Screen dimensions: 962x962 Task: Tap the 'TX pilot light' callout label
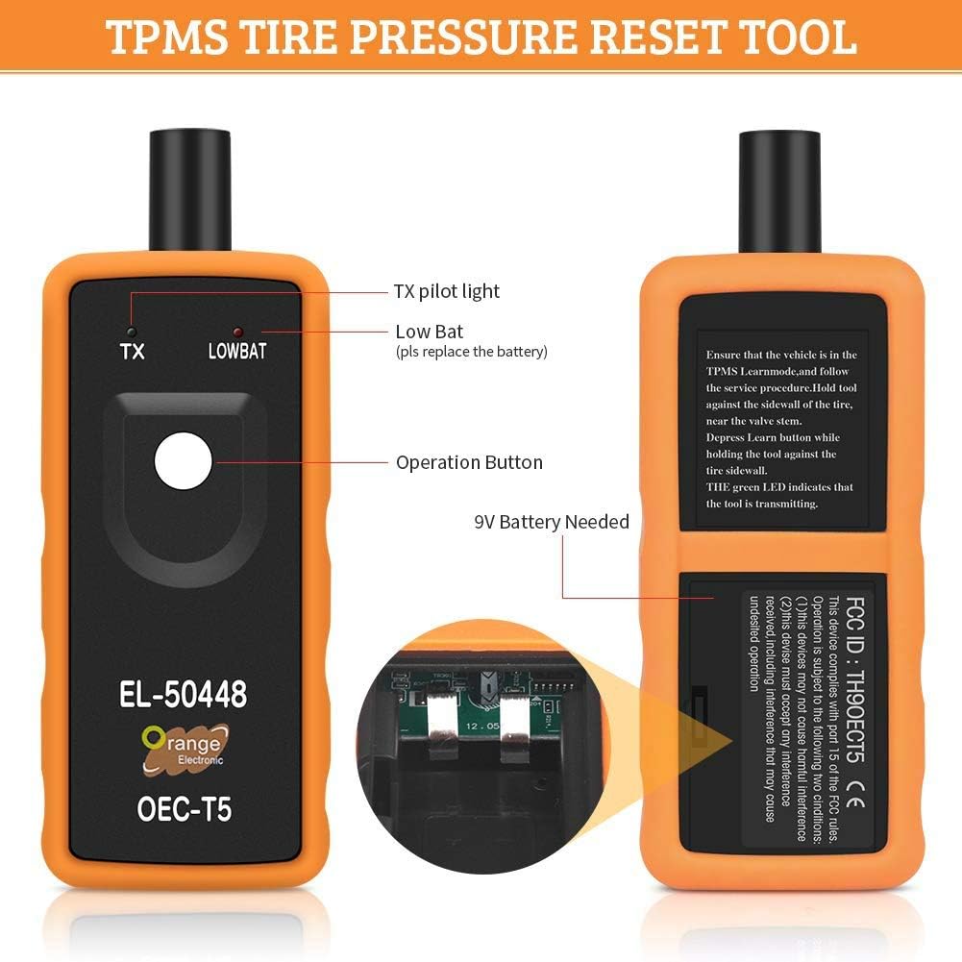point(447,290)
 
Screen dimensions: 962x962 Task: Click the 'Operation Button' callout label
point(469,462)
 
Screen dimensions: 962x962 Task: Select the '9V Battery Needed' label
point(552,522)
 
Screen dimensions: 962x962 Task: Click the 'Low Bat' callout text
point(430,331)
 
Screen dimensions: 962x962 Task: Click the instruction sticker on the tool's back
point(782,424)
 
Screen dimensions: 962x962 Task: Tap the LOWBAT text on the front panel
point(236,351)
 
